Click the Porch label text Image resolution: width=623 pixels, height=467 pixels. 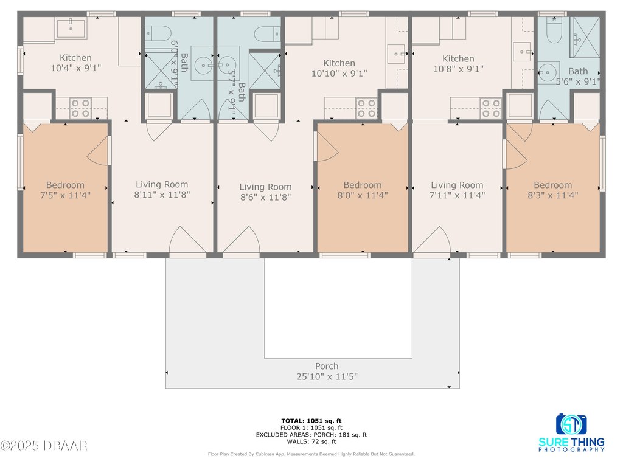click(327, 366)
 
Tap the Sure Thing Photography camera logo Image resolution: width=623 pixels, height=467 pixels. click(571, 424)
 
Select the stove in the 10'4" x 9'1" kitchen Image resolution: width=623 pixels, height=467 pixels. click(81, 108)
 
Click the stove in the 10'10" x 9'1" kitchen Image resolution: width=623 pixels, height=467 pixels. click(366, 108)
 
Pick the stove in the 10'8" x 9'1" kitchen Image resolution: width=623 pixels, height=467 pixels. click(491, 108)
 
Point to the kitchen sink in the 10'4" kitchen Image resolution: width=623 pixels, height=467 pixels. click(71, 28)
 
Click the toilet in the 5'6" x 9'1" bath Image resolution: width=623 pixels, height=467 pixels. click(554, 30)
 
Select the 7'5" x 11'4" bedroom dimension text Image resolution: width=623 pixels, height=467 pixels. click(65, 195)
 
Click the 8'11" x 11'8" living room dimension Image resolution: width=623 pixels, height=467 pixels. click(162, 195)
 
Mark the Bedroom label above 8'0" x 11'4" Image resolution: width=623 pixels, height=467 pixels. click(363, 185)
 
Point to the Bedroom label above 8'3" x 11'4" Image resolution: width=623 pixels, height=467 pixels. click(552, 185)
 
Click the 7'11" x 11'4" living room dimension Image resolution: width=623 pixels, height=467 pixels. click(457, 195)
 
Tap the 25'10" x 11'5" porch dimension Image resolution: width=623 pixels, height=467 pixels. click(327, 376)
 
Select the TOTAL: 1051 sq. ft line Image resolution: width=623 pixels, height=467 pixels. click(311, 421)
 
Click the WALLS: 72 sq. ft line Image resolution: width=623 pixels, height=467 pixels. click(311, 441)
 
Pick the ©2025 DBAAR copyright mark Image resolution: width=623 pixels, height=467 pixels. click(44, 446)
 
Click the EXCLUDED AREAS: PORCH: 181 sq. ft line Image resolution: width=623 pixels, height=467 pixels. click(311, 435)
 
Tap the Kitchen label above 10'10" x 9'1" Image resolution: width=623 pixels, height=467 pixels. click(339, 63)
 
